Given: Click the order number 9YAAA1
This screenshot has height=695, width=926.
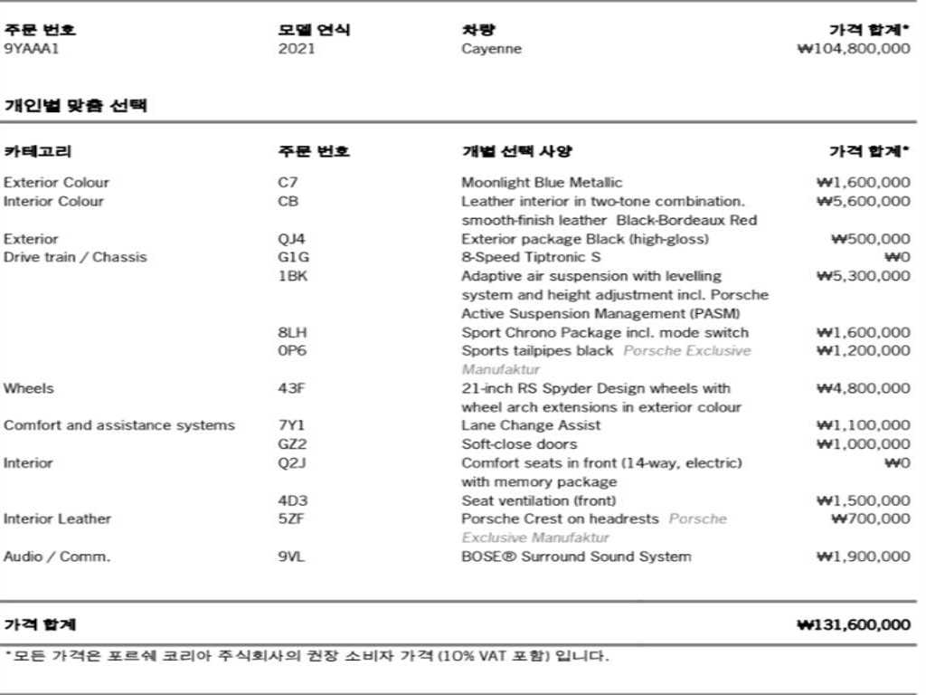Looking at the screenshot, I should coord(31,49).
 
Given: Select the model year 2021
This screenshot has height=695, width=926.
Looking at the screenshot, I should coord(297,49).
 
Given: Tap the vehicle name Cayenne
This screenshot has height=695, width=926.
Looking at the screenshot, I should coord(491,49).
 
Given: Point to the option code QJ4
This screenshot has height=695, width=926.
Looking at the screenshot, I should coord(291,239).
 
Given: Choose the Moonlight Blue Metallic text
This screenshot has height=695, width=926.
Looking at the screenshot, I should coord(542,183).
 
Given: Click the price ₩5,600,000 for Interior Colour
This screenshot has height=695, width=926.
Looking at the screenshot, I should coord(863,202).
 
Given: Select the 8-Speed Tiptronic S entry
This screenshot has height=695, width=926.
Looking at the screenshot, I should coord(531,258).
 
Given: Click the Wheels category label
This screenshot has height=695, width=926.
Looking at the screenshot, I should coord(28,388).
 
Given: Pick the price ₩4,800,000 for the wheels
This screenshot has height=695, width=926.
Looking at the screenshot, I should coord(863,388).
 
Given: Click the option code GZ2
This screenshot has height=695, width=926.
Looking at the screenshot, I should coord(292,444).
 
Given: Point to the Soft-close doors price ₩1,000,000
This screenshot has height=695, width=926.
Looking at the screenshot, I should coord(863,444).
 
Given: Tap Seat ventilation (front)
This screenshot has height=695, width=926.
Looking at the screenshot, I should coord(538,500).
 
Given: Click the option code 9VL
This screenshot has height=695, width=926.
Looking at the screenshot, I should coord(291,557).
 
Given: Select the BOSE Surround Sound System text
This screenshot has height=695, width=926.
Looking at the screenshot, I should coord(576,557).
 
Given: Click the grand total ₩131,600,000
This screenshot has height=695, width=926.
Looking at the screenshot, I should coord(854,625).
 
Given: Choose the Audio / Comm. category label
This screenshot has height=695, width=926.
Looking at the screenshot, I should coord(57,557).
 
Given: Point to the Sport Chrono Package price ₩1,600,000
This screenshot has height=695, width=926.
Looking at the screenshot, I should coord(863,332).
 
